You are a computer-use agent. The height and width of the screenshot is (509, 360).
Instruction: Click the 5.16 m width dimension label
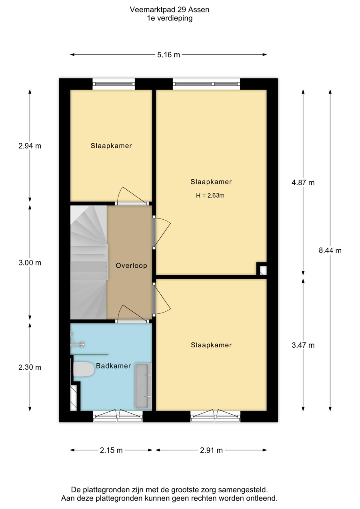click(168, 55)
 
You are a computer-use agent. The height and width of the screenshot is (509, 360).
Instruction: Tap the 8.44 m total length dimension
click(330, 250)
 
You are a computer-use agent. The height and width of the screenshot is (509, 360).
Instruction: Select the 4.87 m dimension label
click(303, 183)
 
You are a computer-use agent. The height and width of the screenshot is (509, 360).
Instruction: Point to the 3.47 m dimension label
click(303, 345)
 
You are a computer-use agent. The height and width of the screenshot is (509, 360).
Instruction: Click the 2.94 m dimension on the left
click(30, 146)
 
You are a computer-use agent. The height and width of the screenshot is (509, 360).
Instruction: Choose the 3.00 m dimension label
click(30, 263)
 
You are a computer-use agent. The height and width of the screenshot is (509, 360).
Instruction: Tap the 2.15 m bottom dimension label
click(111, 450)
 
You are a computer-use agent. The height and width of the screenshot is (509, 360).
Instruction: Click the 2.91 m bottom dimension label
click(211, 450)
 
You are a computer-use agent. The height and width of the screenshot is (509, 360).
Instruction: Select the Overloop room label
click(131, 266)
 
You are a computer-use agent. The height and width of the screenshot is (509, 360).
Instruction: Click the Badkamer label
click(113, 366)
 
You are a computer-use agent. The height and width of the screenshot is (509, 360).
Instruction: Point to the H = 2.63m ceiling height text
click(210, 196)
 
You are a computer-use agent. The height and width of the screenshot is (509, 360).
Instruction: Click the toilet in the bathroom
click(83, 369)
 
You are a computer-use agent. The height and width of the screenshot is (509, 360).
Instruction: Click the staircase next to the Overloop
click(88, 263)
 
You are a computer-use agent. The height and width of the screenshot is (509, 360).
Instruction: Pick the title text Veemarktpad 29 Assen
click(170, 10)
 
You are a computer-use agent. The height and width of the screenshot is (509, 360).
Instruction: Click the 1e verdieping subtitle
click(170, 18)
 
